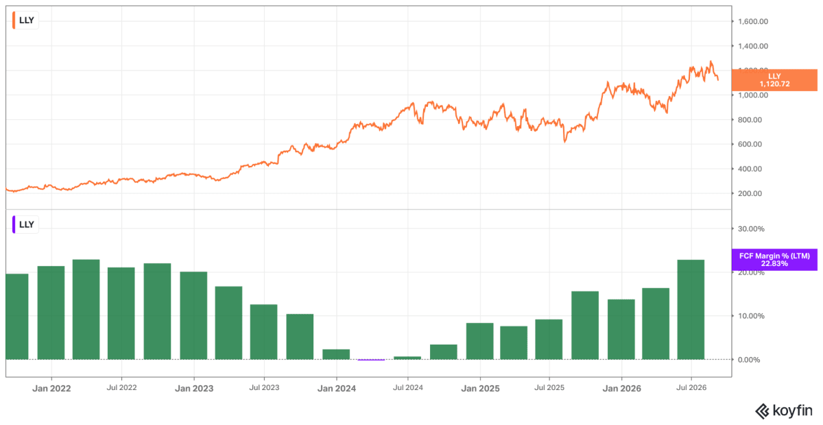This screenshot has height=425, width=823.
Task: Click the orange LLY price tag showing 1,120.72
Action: pos(774,80)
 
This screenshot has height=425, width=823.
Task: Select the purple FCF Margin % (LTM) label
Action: pos(774,260)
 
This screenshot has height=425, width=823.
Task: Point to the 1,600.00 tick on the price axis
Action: pos(753,21)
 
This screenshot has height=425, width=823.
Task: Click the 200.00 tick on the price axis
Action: pos(750,193)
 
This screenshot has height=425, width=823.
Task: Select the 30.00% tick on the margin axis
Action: pos(751,229)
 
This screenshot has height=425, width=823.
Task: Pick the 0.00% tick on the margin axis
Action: pos(749,360)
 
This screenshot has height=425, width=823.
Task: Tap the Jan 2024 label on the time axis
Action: pos(337,388)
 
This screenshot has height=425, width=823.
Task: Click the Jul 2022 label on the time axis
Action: pos(121,387)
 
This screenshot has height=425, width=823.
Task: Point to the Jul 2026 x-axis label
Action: pos(691,387)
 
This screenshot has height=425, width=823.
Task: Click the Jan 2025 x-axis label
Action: pos(480,388)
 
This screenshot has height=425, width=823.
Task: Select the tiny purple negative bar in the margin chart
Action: pos(371,360)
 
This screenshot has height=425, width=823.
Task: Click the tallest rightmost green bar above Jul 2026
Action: pos(691,310)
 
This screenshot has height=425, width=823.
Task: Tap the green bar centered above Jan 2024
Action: pos(336,354)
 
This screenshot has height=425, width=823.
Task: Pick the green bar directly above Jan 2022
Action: pos(51,313)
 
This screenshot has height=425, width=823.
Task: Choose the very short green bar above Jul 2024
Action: pos(407,358)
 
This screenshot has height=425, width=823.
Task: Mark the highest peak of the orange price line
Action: pos(711,61)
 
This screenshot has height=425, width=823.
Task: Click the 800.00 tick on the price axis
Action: pos(750,120)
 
